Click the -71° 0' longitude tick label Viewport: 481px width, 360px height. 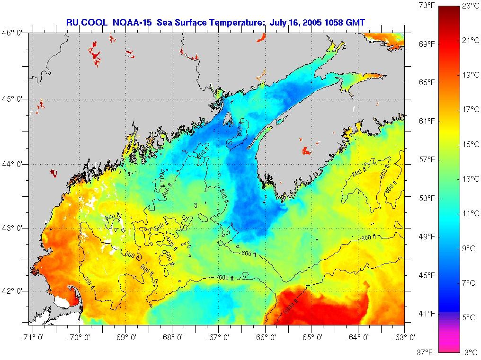coord(33,337)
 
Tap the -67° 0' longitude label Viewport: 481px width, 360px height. coord(218,337)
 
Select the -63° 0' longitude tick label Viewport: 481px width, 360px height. coord(405,337)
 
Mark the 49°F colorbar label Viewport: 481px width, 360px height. coord(427,237)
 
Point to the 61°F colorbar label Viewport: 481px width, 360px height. coord(427,122)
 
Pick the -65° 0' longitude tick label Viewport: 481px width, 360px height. coord(311,337)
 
